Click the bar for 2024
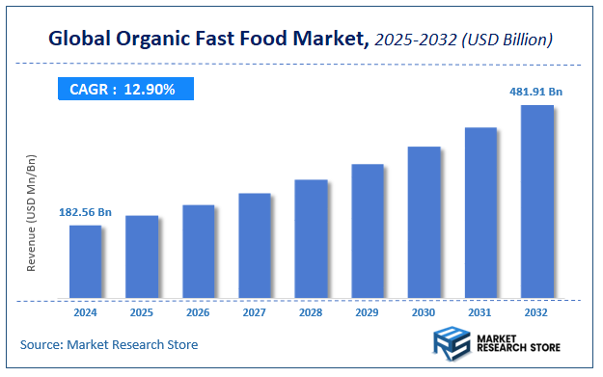click(x=85, y=261)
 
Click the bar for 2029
click(x=368, y=230)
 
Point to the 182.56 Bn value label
click(x=85, y=212)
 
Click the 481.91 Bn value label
click(x=536, y=92)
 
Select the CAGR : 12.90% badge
click(x=123, y=89)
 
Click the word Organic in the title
click(x=151, y=40)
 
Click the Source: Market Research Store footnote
click(x=109, y=344)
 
